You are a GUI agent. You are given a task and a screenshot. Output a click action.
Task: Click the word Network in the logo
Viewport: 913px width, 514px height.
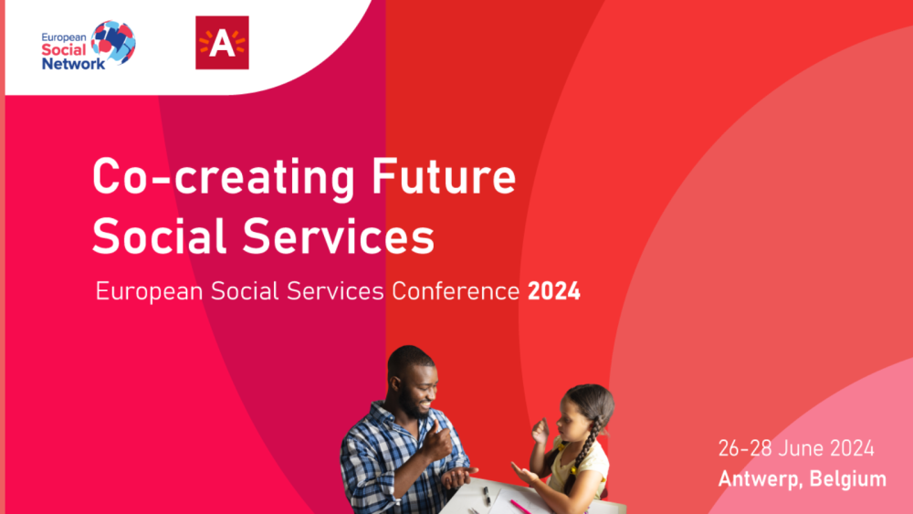[x=73, y=63]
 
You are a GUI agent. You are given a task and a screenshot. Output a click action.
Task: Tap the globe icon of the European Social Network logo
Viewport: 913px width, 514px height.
[x=113, y=43]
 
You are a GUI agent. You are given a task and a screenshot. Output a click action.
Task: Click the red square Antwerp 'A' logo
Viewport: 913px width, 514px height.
[x=222, y=43]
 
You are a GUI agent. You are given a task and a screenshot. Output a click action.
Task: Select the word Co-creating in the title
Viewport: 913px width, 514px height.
[x=224, y=177]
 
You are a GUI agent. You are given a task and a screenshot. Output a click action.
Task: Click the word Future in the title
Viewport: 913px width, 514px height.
[x=444, y=175]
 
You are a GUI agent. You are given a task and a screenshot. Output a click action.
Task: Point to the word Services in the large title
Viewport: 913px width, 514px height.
[x=339, y=236]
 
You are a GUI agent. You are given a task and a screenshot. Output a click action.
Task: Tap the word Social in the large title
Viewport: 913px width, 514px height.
[x=159, y=236]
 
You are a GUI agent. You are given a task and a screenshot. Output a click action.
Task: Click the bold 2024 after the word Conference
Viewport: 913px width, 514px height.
[x=554, y=291]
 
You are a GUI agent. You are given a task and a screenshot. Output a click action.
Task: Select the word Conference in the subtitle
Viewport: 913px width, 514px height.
[x=456, y=291]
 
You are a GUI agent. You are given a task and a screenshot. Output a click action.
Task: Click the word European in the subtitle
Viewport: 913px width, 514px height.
[x=149, y=291]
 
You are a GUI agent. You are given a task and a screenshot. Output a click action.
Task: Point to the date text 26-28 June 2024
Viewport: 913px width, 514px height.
[x=796, y=449]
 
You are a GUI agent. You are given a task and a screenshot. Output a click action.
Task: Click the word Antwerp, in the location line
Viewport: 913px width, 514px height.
[x=761, y=479]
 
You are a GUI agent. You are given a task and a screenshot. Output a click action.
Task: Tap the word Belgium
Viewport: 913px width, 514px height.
[x=848, y=479]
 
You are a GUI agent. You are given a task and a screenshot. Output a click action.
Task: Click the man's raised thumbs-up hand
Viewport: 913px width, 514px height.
[x=436, y=439]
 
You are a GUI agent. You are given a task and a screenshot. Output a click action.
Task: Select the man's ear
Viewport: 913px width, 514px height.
[x=396, y=383]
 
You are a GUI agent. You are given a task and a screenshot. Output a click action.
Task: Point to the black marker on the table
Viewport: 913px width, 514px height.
[x=486, y=495]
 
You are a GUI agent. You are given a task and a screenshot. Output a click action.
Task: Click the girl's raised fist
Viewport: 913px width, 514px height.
[x=540, y=431]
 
